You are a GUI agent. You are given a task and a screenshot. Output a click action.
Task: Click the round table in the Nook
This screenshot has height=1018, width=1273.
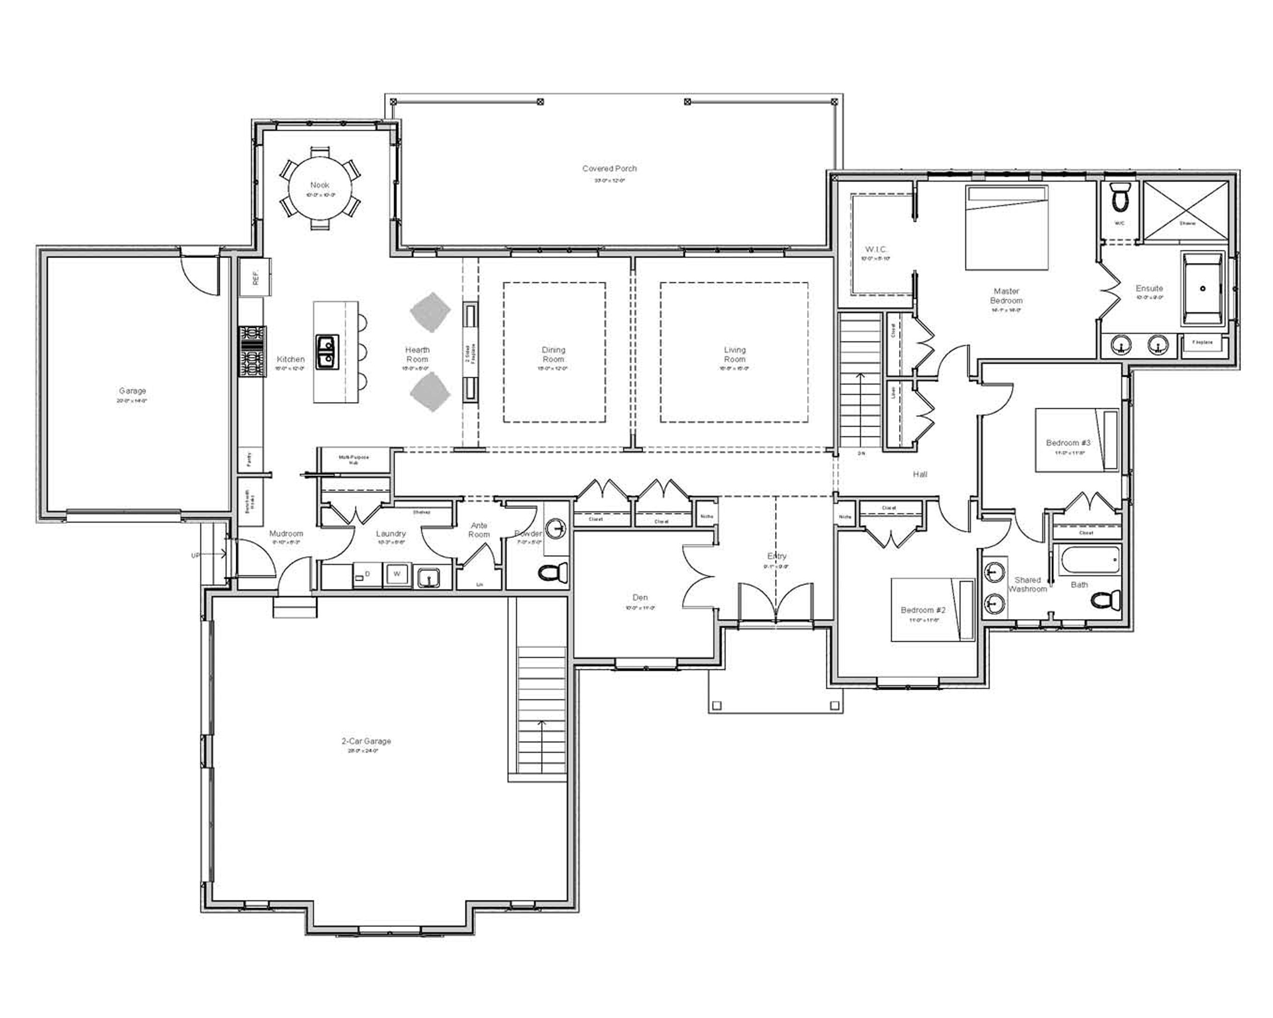click(x=319, y=189)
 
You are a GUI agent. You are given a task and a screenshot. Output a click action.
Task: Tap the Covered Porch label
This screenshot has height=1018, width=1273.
click(x=609, y=169)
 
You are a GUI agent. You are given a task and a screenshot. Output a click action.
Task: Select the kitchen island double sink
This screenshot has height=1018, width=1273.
click(x=326, y=352)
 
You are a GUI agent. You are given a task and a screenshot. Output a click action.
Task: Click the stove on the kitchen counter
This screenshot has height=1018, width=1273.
click(x=252, y=351)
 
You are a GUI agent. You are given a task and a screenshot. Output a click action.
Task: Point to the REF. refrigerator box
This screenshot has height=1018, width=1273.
click(x=255, y=277)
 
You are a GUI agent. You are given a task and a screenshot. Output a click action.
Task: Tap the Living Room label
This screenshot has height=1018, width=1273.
click(x=734, y=354)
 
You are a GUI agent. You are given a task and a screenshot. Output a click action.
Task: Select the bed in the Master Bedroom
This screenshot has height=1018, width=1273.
click(x=1006, y=228)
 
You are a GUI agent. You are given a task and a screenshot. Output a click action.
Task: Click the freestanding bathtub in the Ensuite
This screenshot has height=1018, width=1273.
click(x=1202, y=289)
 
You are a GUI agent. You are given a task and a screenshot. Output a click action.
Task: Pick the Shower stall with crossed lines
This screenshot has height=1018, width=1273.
click(x=1187, y=210)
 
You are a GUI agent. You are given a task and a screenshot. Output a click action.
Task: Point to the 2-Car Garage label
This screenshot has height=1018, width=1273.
click(x=366, y=741)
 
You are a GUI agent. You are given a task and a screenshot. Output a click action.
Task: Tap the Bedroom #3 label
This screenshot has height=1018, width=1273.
click(x=1067, y=443)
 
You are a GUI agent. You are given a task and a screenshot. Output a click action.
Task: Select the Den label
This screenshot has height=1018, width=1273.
click(x=640, y=597)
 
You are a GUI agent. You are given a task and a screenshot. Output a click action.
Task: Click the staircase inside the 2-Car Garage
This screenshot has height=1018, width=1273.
click(x=541, y=714)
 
